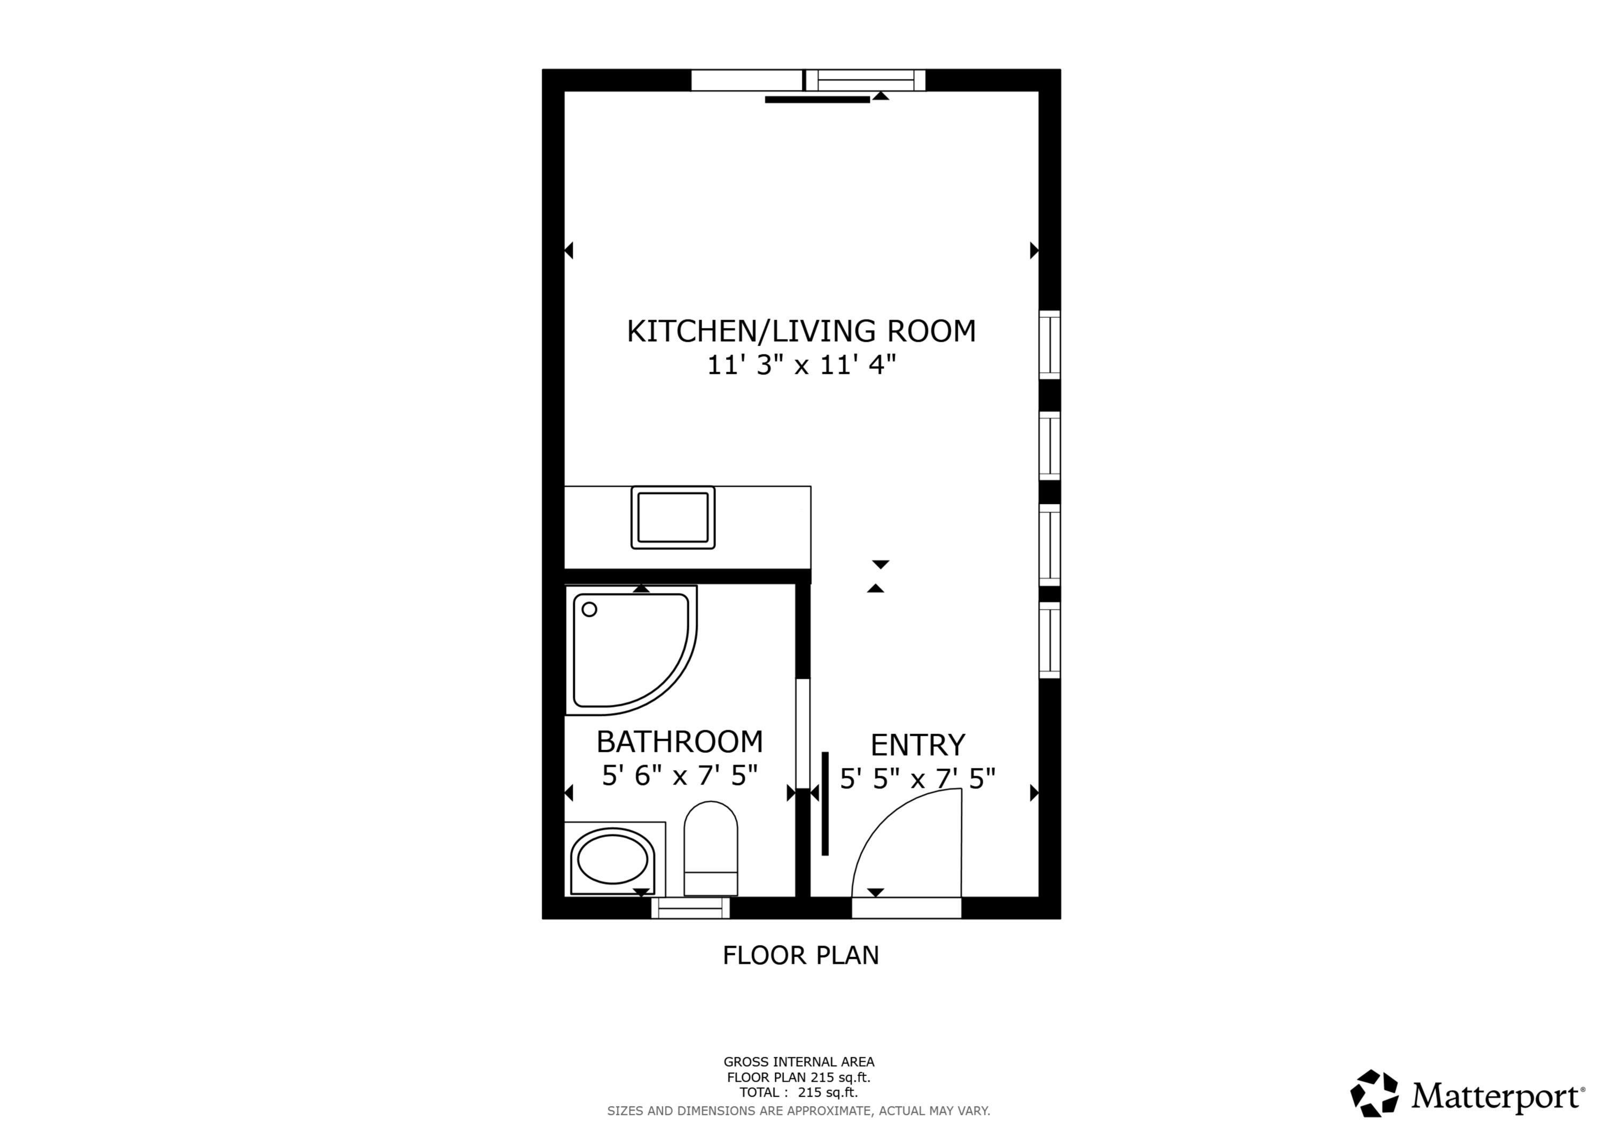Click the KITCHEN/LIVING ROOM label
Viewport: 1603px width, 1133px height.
[x=801, y=331]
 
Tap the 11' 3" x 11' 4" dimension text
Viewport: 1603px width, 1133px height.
[x=801, y=365]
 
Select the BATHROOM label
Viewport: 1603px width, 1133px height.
[x=679, y=742]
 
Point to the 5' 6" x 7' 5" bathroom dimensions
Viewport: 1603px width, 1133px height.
[x=679, y=776]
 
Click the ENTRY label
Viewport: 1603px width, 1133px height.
[x=917, y=746]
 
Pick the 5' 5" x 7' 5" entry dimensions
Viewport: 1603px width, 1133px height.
[x=917, y=778]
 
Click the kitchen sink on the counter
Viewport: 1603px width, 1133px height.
[x=673, y=517]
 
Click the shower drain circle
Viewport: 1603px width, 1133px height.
[x=589, y=610]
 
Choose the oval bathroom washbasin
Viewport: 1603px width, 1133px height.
[x=613, y=861]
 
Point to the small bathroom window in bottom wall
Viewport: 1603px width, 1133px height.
[x=690, y=908]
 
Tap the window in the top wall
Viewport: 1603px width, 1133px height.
[x=866, y=80]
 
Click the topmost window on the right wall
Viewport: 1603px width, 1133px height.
[x=1049, y=345]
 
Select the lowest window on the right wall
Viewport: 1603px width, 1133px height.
[x=1049, y=639]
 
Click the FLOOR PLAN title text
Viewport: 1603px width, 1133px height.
[x=801, y=956]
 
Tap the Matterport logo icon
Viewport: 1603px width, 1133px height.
[x=1374, y=1093]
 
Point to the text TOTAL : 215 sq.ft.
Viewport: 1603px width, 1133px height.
[x=799, y=1092]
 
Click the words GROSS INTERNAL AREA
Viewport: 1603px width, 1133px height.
[x=799, y=1062]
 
